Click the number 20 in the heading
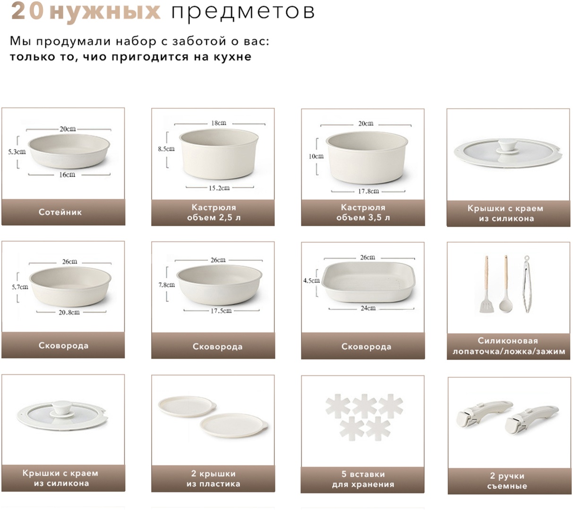click(27, 11)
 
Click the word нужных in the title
click(105, 12)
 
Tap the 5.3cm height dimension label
click(17, 152)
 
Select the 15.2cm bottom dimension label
click(219, 188)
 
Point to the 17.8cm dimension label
click(368, 191)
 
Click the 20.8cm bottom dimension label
click(69, 313)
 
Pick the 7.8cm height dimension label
click(167, 285)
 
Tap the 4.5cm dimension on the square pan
click(311, 280)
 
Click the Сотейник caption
click(60, 212)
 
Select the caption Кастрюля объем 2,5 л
click(214, 212)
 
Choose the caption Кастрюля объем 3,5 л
click(363, 212)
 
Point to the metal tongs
click(526, 284)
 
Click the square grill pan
click(368, 282)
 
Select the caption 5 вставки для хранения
click(363, 479)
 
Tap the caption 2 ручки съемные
click(507, 481)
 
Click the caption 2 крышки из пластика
click(213, 479)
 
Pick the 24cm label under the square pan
click(368, 308)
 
